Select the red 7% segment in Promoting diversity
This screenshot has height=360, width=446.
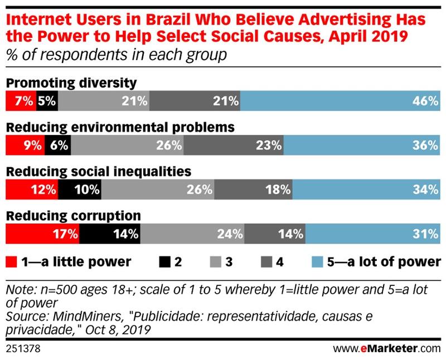(21, 101)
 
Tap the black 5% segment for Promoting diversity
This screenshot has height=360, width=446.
(47, 101)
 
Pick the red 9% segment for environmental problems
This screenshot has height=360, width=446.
(25, 145)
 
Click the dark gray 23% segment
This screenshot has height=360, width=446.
(234, 145)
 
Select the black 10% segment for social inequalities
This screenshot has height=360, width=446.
(79, 189)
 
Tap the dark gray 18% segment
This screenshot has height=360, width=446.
(253, 189)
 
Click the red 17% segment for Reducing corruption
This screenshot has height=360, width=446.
(42, 233)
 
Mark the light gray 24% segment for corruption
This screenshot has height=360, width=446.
(192, 233)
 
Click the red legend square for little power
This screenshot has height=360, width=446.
(11, 261)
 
